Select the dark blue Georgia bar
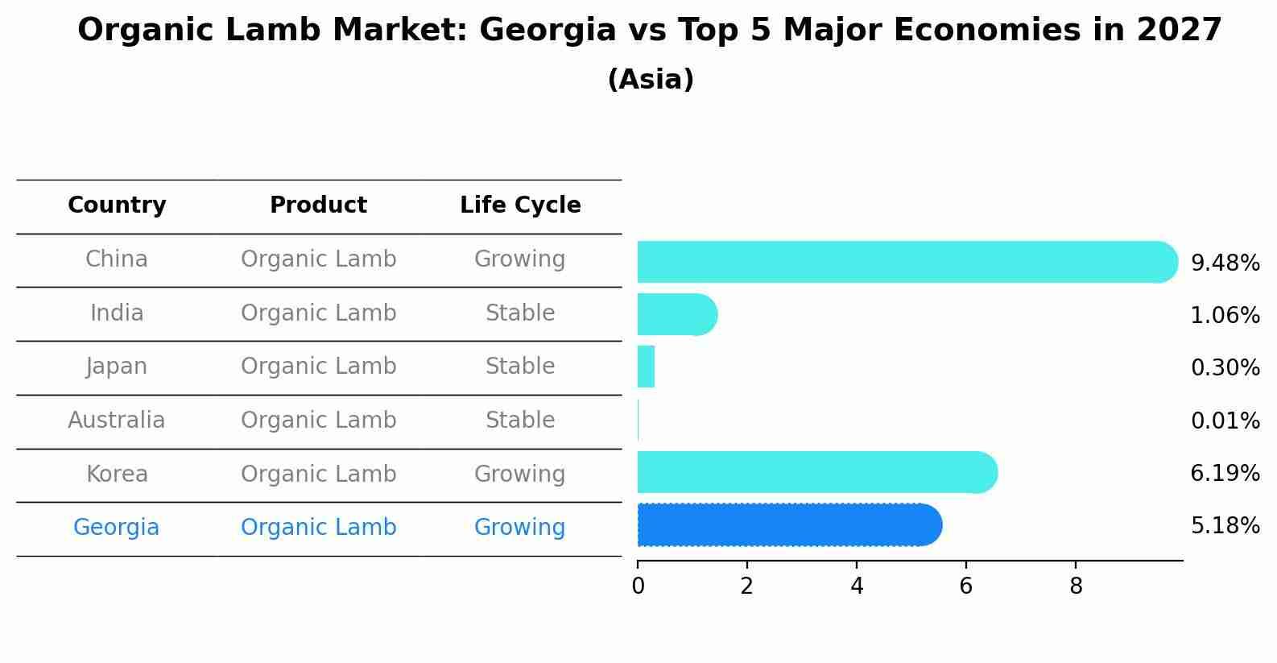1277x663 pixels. click(x=789, y=525)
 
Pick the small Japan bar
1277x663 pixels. click(x=646, y=367)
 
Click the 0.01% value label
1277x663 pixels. click(x=1225, y=421)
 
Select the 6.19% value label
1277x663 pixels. click(x=1225, y=473)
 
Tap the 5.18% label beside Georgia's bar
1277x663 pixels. click(x=1225, y=526)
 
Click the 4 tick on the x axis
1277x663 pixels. click(x=857, y=586)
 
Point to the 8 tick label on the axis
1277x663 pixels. click(x=1076, y=586)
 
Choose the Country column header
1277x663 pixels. click(x=117, y=205)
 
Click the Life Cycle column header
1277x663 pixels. click(x=520, y=205)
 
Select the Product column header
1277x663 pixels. click(x=318, y=205)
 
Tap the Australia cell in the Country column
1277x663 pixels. click(x=117, y=421)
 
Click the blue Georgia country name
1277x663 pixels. click(x=117, y=528)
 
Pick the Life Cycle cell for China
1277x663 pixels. click(x=520, y=259)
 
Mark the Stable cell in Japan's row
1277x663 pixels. click(x=520, y=367)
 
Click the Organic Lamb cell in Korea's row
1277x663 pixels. click(x=318, y=474)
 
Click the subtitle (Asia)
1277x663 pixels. click(x=651, y=80)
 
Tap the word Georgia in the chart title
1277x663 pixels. click(x=548, y=31)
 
